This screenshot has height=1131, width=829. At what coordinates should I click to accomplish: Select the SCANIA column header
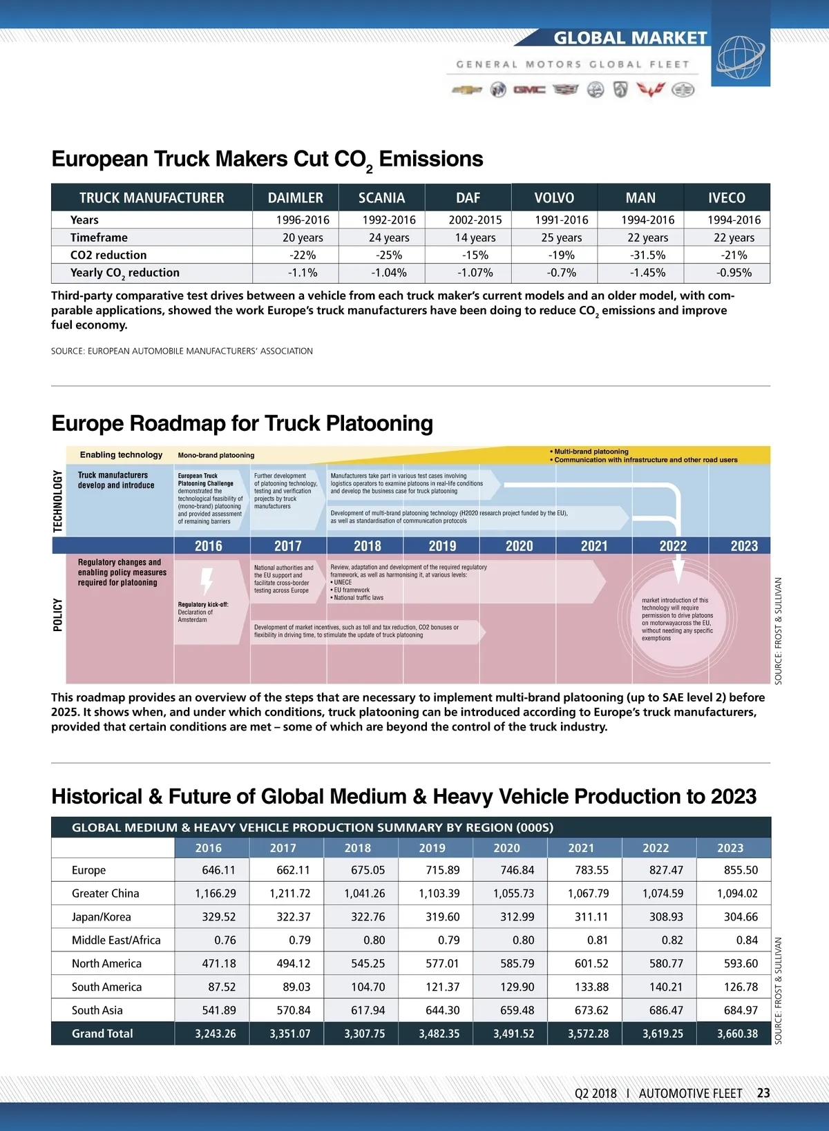[x=381, y=198]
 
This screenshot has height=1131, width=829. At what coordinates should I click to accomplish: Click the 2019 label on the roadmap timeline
[x=442, y=546]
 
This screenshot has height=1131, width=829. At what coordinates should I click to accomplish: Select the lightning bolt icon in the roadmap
[x=206, y=581]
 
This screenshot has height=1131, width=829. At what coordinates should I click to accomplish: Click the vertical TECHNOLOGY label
[x=58, y=501]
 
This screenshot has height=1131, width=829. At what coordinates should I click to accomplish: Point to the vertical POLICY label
[x=58, y=615]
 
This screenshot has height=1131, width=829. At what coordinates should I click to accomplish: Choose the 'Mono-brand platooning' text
[x=216, y=456]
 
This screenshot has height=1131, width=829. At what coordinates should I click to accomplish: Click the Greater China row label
[x=105, y=893]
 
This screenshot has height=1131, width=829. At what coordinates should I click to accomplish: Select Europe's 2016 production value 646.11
[x=218, y=870]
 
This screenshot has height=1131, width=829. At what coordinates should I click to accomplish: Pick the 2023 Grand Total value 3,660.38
[x=737, y=1034]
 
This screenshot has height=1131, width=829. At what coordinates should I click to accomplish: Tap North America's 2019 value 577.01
[x=442, y=963]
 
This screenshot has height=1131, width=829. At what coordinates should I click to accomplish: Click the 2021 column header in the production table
[x=581, y=848]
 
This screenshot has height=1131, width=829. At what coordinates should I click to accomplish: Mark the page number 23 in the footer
[x=763, y=1093]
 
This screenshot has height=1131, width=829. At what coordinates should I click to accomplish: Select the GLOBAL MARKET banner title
[x=630, y=38]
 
